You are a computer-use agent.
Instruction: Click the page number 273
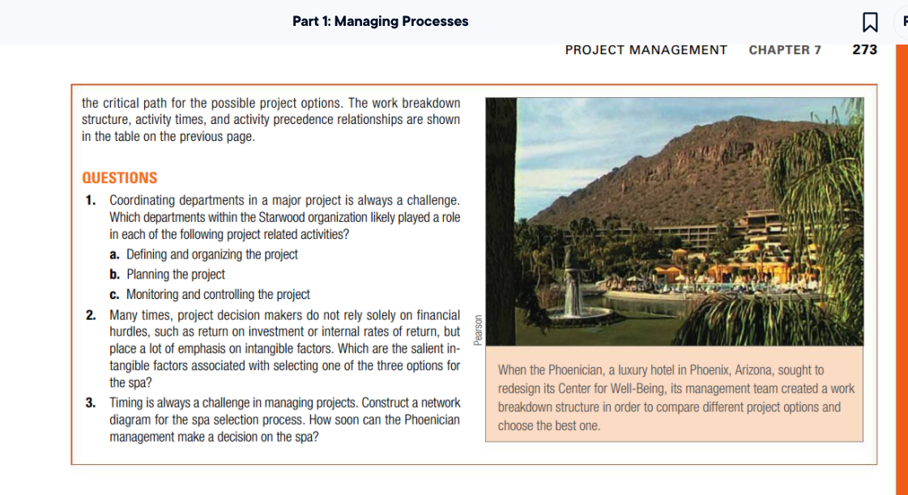[864, 50]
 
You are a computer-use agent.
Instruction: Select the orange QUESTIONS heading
[120, 178]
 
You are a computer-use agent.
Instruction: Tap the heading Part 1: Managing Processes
[380, 22]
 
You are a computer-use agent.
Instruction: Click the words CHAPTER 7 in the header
[784, 50]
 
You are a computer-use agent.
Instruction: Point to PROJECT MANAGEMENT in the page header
[646, 50]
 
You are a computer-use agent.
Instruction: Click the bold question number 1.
[92, 200]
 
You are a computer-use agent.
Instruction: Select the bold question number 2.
[92, 315]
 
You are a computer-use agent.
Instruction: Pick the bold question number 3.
[92, 403]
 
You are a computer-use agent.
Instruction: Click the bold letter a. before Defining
[115, 254]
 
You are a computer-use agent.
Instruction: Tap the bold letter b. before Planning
[115, 275]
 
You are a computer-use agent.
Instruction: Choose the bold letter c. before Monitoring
[115, 295]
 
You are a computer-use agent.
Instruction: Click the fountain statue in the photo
[573, 280]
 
